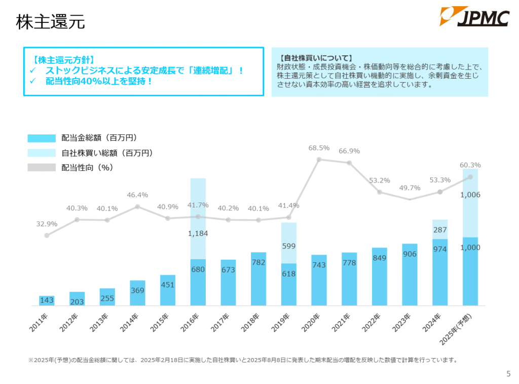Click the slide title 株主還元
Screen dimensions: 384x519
[x=50, y=22]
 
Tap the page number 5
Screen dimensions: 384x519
[x=508, y=374]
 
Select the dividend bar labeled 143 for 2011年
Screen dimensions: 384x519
[x=47, y=300]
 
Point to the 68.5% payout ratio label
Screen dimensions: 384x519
[x=319, y=148]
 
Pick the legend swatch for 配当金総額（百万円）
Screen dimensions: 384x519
[x=42, y=138]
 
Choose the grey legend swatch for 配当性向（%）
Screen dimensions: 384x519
[x=42, y=167]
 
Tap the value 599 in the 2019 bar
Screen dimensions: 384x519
[x=288, y=246]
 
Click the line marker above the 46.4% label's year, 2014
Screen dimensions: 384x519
[x=137, y=206]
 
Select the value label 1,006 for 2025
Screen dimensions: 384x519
[x=470, y=195]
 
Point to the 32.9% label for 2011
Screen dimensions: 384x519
[x=47, y=224]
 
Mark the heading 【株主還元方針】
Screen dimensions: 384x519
[x=64, y=60]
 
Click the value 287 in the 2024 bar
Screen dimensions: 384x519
[x=440, y=230]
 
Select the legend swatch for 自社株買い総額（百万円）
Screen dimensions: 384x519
[x=42, y=153]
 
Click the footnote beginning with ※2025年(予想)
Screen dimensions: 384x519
[x=243, y=361]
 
